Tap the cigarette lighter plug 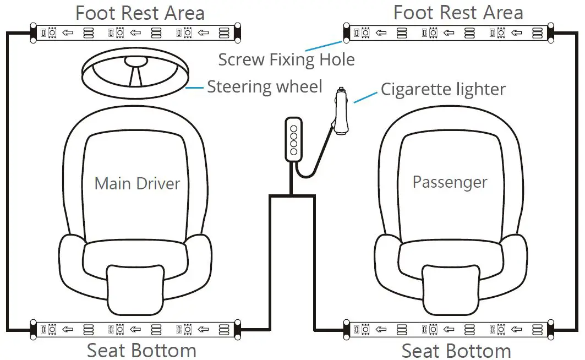pyautogui.click(x=340, y=112)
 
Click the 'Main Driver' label pyautogui.click(x=137, y=183)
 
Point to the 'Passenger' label pyautogui.click(x=450, y=182)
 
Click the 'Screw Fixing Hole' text pyautogui.click(x=286, y=59)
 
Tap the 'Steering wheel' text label pyautogui.click(x=264, y=88)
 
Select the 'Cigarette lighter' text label pyautogui.click(x=443, y=89)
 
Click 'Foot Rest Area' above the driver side pyautogui.click(x=140, y=13)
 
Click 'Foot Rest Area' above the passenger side pyautogui.click(x=458, y=13)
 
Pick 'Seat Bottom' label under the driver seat pyautogui.click(x=141, y=350)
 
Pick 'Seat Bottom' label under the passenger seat pyautogui.click(x=456, y=350)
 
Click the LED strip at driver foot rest pyautogui.click(x=135, y=33)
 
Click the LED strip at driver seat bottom pyautogui.click(x=135, y=330)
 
